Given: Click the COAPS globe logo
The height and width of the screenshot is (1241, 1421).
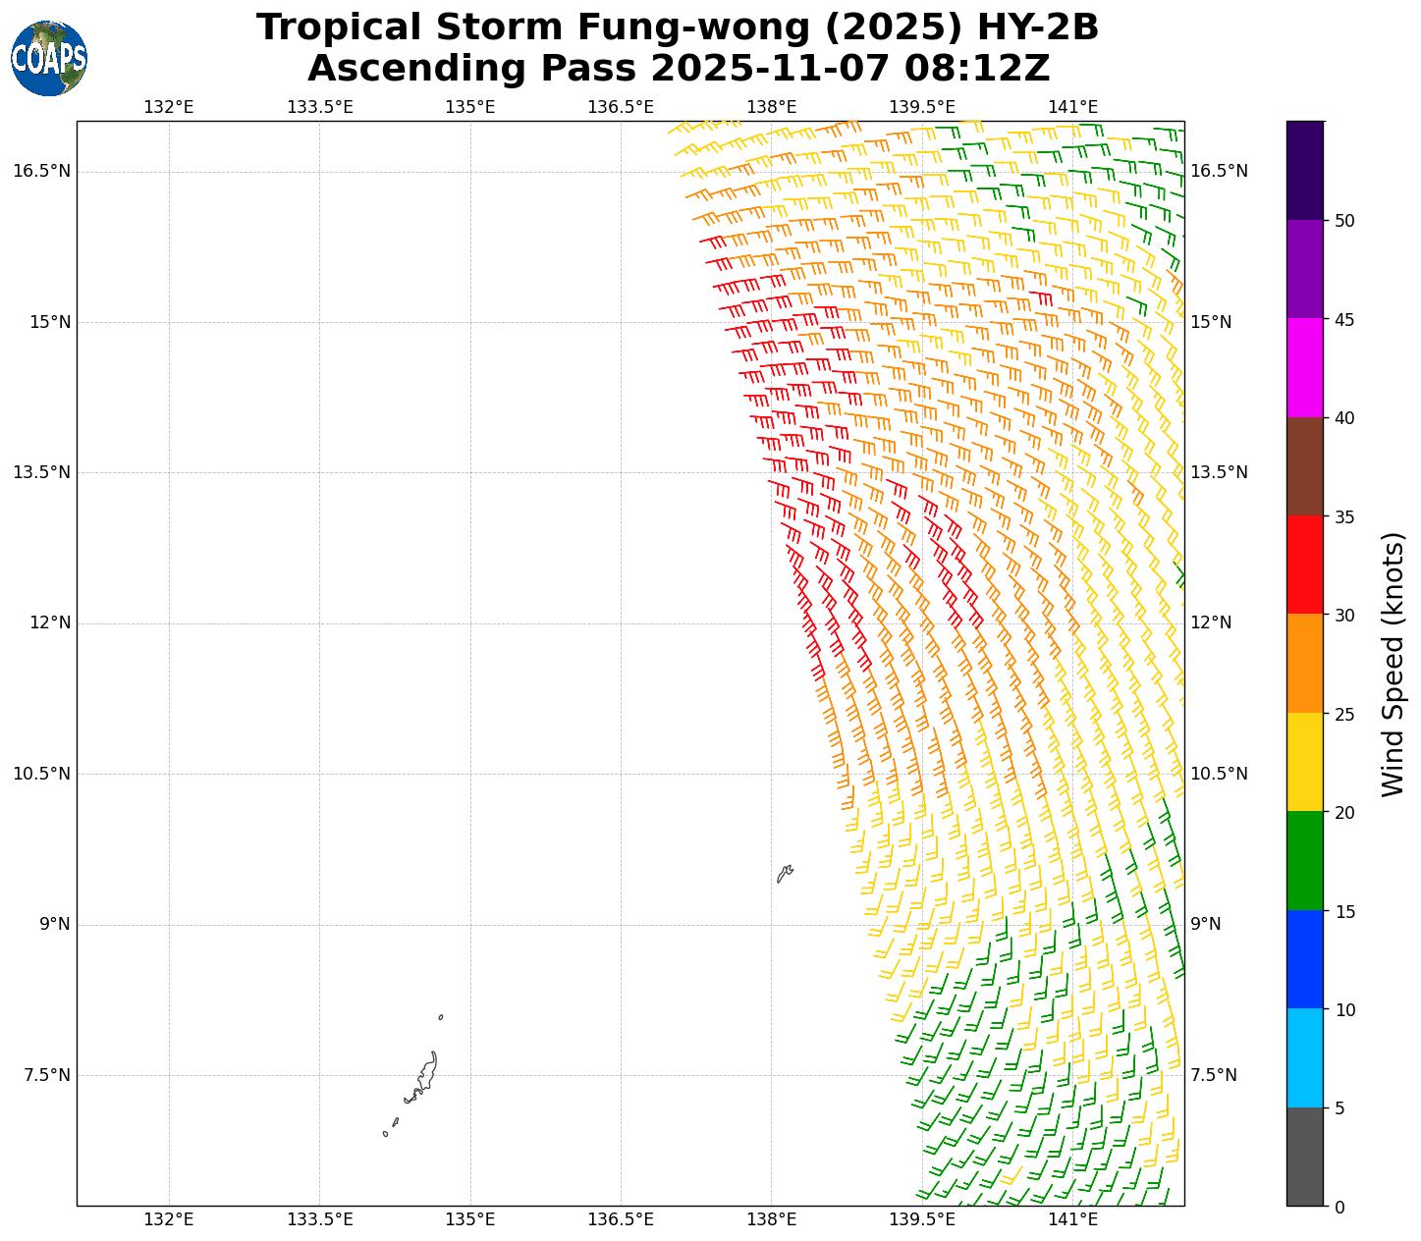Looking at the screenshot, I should point(49,58).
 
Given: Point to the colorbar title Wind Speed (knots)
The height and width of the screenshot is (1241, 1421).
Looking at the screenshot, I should point(1393,664).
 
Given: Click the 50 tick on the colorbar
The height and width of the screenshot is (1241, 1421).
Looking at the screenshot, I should point(1344,220).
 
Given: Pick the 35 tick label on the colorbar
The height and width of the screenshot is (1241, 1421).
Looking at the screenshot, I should point(1344,516).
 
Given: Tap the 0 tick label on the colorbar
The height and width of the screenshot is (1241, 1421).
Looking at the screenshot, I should point(1339,1207).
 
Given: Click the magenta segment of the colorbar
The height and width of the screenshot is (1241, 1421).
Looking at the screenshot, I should point(1305,367).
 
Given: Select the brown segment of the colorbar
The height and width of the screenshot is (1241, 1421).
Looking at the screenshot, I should point(1305,466).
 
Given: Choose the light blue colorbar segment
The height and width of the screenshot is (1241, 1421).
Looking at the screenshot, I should point(1305,1057).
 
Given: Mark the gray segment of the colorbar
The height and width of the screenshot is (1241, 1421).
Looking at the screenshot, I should point(1305,1157).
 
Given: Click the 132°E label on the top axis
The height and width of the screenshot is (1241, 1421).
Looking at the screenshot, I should point(169,107).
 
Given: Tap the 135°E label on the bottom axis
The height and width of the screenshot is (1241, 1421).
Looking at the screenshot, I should point(469,1220).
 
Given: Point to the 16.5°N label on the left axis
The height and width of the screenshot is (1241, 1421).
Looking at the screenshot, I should point(41,171).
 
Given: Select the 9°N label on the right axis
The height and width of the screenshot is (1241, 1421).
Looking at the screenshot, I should point(1206,924).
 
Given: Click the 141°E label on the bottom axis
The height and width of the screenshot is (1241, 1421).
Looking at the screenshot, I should point(1072,1220).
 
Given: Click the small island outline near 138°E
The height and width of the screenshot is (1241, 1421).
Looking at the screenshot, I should point(785,873).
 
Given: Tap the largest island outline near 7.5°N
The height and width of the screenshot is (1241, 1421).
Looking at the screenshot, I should point(423,1078).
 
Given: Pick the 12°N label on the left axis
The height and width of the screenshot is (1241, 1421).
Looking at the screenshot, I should point(47,622).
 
